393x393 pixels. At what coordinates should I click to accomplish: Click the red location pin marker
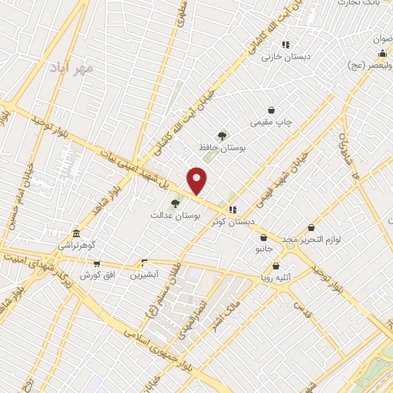tap(197, 180)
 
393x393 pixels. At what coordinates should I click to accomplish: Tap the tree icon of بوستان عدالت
tap(176, 203)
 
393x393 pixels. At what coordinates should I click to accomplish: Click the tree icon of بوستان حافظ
tap(223, 136)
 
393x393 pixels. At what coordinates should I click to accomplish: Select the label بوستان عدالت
tap(176, 216)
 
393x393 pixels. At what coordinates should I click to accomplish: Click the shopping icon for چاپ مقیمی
tap(271, 111)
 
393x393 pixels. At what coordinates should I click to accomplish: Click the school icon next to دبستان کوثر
tap(232, 210)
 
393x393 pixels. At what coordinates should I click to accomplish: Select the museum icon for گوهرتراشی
tap(75, 234)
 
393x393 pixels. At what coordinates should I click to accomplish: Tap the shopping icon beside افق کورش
tap(86, 262)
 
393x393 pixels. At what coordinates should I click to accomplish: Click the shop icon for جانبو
tap(264, 238)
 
